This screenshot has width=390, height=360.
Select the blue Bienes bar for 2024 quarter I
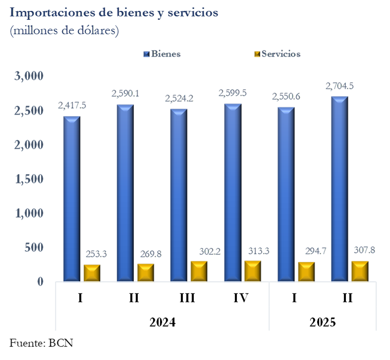72,198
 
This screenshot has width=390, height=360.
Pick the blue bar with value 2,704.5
340,188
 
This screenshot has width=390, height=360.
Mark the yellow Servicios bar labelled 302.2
199,271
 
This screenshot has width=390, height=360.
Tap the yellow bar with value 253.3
92,273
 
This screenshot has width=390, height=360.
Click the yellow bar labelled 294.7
306,272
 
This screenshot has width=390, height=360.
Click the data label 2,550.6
286,97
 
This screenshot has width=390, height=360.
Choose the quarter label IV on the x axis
240,298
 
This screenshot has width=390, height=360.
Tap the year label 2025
323,322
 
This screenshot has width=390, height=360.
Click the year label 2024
162,322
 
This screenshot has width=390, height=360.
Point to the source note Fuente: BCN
41,343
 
